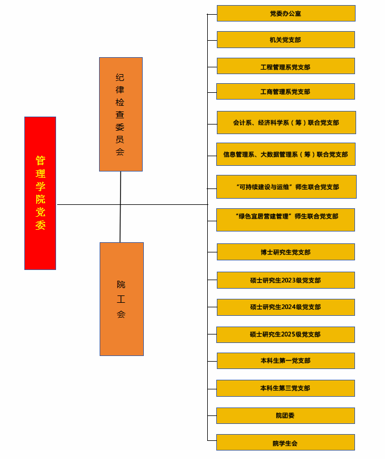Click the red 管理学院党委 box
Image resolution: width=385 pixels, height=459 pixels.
(40, 193)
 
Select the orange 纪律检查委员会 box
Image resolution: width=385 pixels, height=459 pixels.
(121, 114)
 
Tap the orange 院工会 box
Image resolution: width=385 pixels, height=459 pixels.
(122, 299)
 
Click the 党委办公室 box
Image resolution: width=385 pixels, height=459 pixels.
(286, 14)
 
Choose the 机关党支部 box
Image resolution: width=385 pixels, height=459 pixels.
(286, 40)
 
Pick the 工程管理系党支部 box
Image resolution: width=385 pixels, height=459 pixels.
(286, 66)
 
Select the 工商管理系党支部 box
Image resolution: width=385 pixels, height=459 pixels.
(286, 92)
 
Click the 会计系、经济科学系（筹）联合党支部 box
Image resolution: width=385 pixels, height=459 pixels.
(286, 122)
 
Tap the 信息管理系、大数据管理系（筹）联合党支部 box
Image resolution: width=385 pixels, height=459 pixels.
(286, 154)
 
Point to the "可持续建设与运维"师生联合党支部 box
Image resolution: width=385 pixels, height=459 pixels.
(286, 187)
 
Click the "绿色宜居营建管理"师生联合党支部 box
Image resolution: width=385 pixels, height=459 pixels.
(286, 220)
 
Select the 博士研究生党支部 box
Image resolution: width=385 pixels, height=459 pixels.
(286, 252)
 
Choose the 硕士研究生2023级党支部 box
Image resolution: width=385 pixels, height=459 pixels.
(286, 280)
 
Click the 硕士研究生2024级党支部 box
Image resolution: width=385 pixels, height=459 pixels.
(286, 307)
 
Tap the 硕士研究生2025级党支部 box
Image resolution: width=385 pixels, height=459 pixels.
(286, 334)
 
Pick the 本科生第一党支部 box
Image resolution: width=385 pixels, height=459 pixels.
(286, 361)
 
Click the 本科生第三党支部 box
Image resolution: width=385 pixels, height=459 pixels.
(286, 388)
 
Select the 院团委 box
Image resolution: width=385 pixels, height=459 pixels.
(286, 415)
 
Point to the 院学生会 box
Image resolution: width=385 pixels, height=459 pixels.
(286, 443)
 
